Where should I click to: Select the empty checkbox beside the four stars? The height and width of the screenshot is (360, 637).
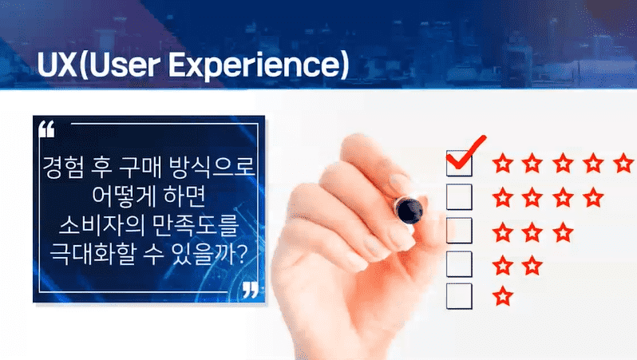point(459,197)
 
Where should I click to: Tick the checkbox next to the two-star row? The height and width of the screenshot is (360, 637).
point(459,264)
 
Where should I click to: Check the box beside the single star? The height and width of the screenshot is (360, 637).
point(459,297)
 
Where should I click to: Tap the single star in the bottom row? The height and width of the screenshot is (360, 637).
point(503,296)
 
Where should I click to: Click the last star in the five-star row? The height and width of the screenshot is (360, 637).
point(623,163)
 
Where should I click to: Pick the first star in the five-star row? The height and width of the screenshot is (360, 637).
point(503,164)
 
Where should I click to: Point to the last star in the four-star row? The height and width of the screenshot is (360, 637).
point(593,197)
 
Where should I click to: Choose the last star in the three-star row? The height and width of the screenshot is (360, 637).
point(563,232)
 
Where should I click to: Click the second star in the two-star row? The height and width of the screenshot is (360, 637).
point(532,265)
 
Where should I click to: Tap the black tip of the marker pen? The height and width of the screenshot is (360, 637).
point(409,210)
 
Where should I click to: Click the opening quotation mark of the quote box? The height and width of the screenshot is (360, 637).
point(47,129)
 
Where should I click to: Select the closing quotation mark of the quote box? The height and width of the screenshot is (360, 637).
point(251,289)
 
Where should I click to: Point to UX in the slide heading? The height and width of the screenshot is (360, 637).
point(57,65)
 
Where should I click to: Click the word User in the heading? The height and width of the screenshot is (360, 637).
point(124,65)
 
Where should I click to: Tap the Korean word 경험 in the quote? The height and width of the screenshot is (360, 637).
point(63,167)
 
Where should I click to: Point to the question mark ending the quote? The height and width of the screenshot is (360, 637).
point(241,255)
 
